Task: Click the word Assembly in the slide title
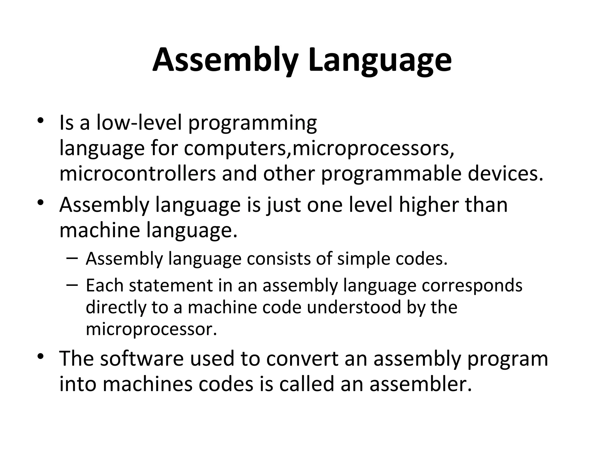point(225,61)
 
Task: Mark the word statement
point(171,286)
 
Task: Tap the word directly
point(116,308)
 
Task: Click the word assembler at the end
point(421,384)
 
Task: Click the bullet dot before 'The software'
point(41,356)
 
